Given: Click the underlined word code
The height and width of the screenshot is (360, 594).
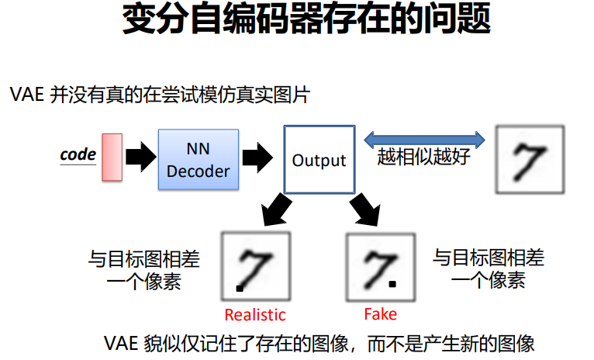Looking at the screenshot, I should pyautogui.click(x=78, y=154).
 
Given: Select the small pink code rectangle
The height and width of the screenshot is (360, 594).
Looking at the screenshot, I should pyautogui.click(x=112, y=157).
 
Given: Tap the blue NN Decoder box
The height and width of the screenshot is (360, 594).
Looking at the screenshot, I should pyautogui.click(x=199, y=160).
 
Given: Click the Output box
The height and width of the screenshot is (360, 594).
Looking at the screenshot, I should pyautogui.click(x=319, y=160).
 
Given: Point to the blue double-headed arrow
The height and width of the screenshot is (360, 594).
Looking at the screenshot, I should pyautogui.click(x=425, y=140).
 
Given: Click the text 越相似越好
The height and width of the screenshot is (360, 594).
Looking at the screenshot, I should pyautogui.click(x=423, y=159).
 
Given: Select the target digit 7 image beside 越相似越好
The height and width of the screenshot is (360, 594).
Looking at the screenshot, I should pyautogui.click(x=530, y=161).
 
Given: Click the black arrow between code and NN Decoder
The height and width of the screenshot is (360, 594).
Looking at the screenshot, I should pyautogui.click(x=140, y=157).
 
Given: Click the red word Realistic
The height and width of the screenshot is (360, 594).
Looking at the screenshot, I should pyautogui.click(x=255, y=315).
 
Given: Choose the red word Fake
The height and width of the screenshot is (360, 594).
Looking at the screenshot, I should pyautogui.click(x=380, y=314).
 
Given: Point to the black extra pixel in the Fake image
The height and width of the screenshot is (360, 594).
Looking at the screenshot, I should pyautogui.click(x=393, y=284).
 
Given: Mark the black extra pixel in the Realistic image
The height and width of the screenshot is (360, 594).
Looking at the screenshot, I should pyautogui.click(x=239, y=289).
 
